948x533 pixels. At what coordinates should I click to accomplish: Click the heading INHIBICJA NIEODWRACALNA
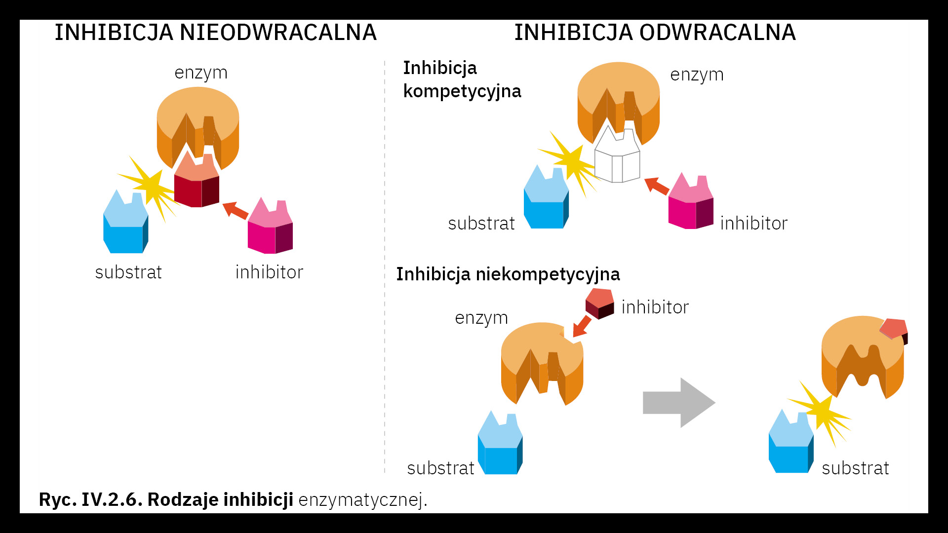point(215,33)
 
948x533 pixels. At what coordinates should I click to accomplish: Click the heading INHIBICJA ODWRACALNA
point(655,33)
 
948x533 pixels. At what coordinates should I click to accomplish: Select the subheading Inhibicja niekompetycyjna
point(508,274)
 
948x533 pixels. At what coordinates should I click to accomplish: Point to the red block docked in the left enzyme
point(197,183)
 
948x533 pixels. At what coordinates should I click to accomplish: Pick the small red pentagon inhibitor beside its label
point(600,303)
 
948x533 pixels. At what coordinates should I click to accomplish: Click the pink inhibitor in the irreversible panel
point(270,228)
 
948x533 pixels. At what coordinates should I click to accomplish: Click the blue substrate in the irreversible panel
point(125,225)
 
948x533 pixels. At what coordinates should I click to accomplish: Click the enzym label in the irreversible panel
point(201,73)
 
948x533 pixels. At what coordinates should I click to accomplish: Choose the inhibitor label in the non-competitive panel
point(655,307)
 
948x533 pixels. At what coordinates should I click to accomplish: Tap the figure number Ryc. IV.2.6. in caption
point(90,499)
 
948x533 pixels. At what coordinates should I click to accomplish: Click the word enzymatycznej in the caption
point(362,500)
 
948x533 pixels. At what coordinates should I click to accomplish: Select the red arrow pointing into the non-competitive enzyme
point(582,327)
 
